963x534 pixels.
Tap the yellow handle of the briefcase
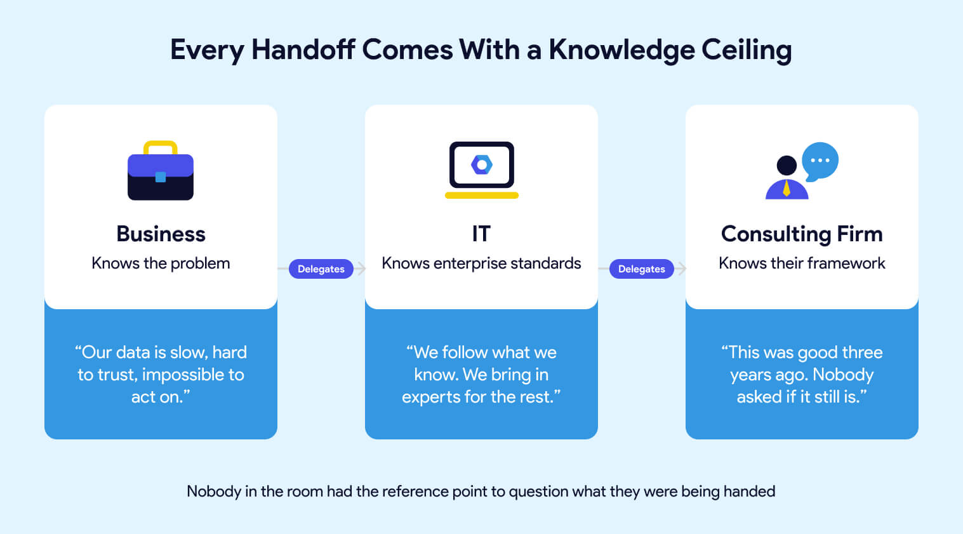pos(161,146)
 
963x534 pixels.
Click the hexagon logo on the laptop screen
pos(482,165)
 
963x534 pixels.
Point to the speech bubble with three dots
pos(820,160)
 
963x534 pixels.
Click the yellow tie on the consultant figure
pos(787,189)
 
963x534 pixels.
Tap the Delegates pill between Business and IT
pos(321,269)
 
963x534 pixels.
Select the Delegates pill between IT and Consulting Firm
pos(642,269)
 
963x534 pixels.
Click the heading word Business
pos(161,234)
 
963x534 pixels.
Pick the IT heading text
pos(481,234)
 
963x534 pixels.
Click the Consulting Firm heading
pos(802,234)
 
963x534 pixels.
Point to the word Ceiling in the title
pos(747,50)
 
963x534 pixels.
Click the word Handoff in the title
pos(303,50)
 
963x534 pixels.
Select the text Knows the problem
pos(161,264)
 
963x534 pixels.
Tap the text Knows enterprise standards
pos(481,264)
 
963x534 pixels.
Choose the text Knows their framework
pos(802,264)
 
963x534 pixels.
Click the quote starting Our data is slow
pos(161,375)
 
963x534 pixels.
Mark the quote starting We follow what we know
pos(481,375)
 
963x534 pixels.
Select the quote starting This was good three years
pos(802,375)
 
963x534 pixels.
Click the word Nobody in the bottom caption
pos(214,491)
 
